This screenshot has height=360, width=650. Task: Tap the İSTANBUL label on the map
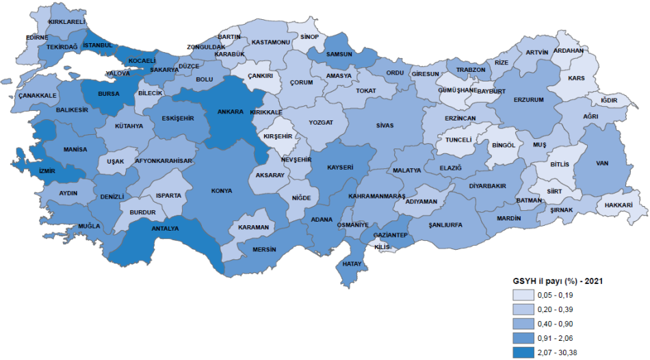point(96,46)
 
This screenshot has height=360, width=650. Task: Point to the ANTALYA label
point(165,229)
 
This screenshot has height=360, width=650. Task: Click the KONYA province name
point(222,190)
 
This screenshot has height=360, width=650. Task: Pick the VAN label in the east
point(602,163)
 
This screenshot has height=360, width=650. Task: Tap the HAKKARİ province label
point(619,205)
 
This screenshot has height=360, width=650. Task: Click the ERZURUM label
point(528,100)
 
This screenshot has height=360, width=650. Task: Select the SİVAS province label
point(385,125)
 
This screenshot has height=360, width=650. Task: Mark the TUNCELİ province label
point(458,140)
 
